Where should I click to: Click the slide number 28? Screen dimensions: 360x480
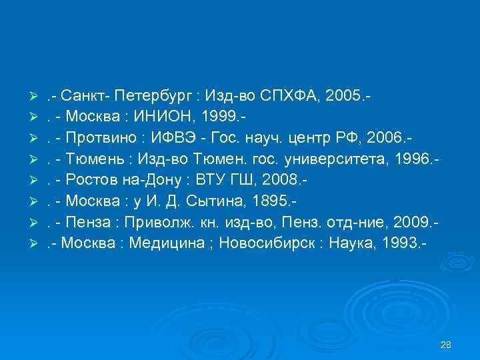(x=446, y=345)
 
